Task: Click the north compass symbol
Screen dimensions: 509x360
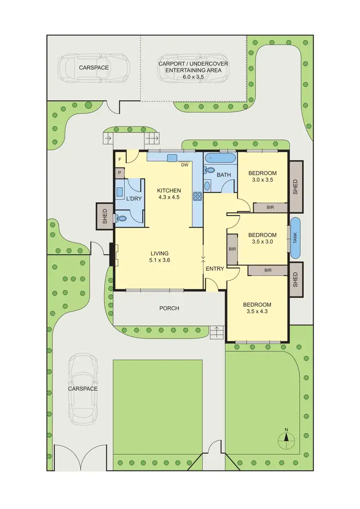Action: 286,436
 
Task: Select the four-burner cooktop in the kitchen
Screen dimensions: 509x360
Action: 197,195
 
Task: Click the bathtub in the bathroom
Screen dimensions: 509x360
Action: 220,158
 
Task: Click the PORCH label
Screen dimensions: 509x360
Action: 169,308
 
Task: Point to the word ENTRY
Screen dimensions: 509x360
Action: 215,269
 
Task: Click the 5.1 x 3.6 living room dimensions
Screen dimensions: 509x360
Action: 160,260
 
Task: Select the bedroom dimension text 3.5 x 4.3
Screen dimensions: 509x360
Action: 257,312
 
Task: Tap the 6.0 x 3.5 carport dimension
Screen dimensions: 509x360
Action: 193,76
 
